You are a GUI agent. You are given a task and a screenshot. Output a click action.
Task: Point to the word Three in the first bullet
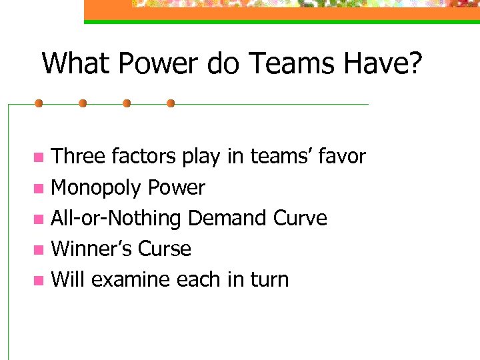[x=79, y=157]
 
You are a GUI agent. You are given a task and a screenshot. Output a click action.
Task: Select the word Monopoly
[x=97, y=188]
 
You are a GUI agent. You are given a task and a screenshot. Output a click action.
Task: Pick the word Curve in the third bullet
[x=303, y=219]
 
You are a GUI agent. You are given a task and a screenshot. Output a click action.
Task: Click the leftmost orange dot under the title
[x=39, y=103]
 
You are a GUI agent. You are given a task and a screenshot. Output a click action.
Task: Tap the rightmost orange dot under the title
[x=170, y=103]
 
